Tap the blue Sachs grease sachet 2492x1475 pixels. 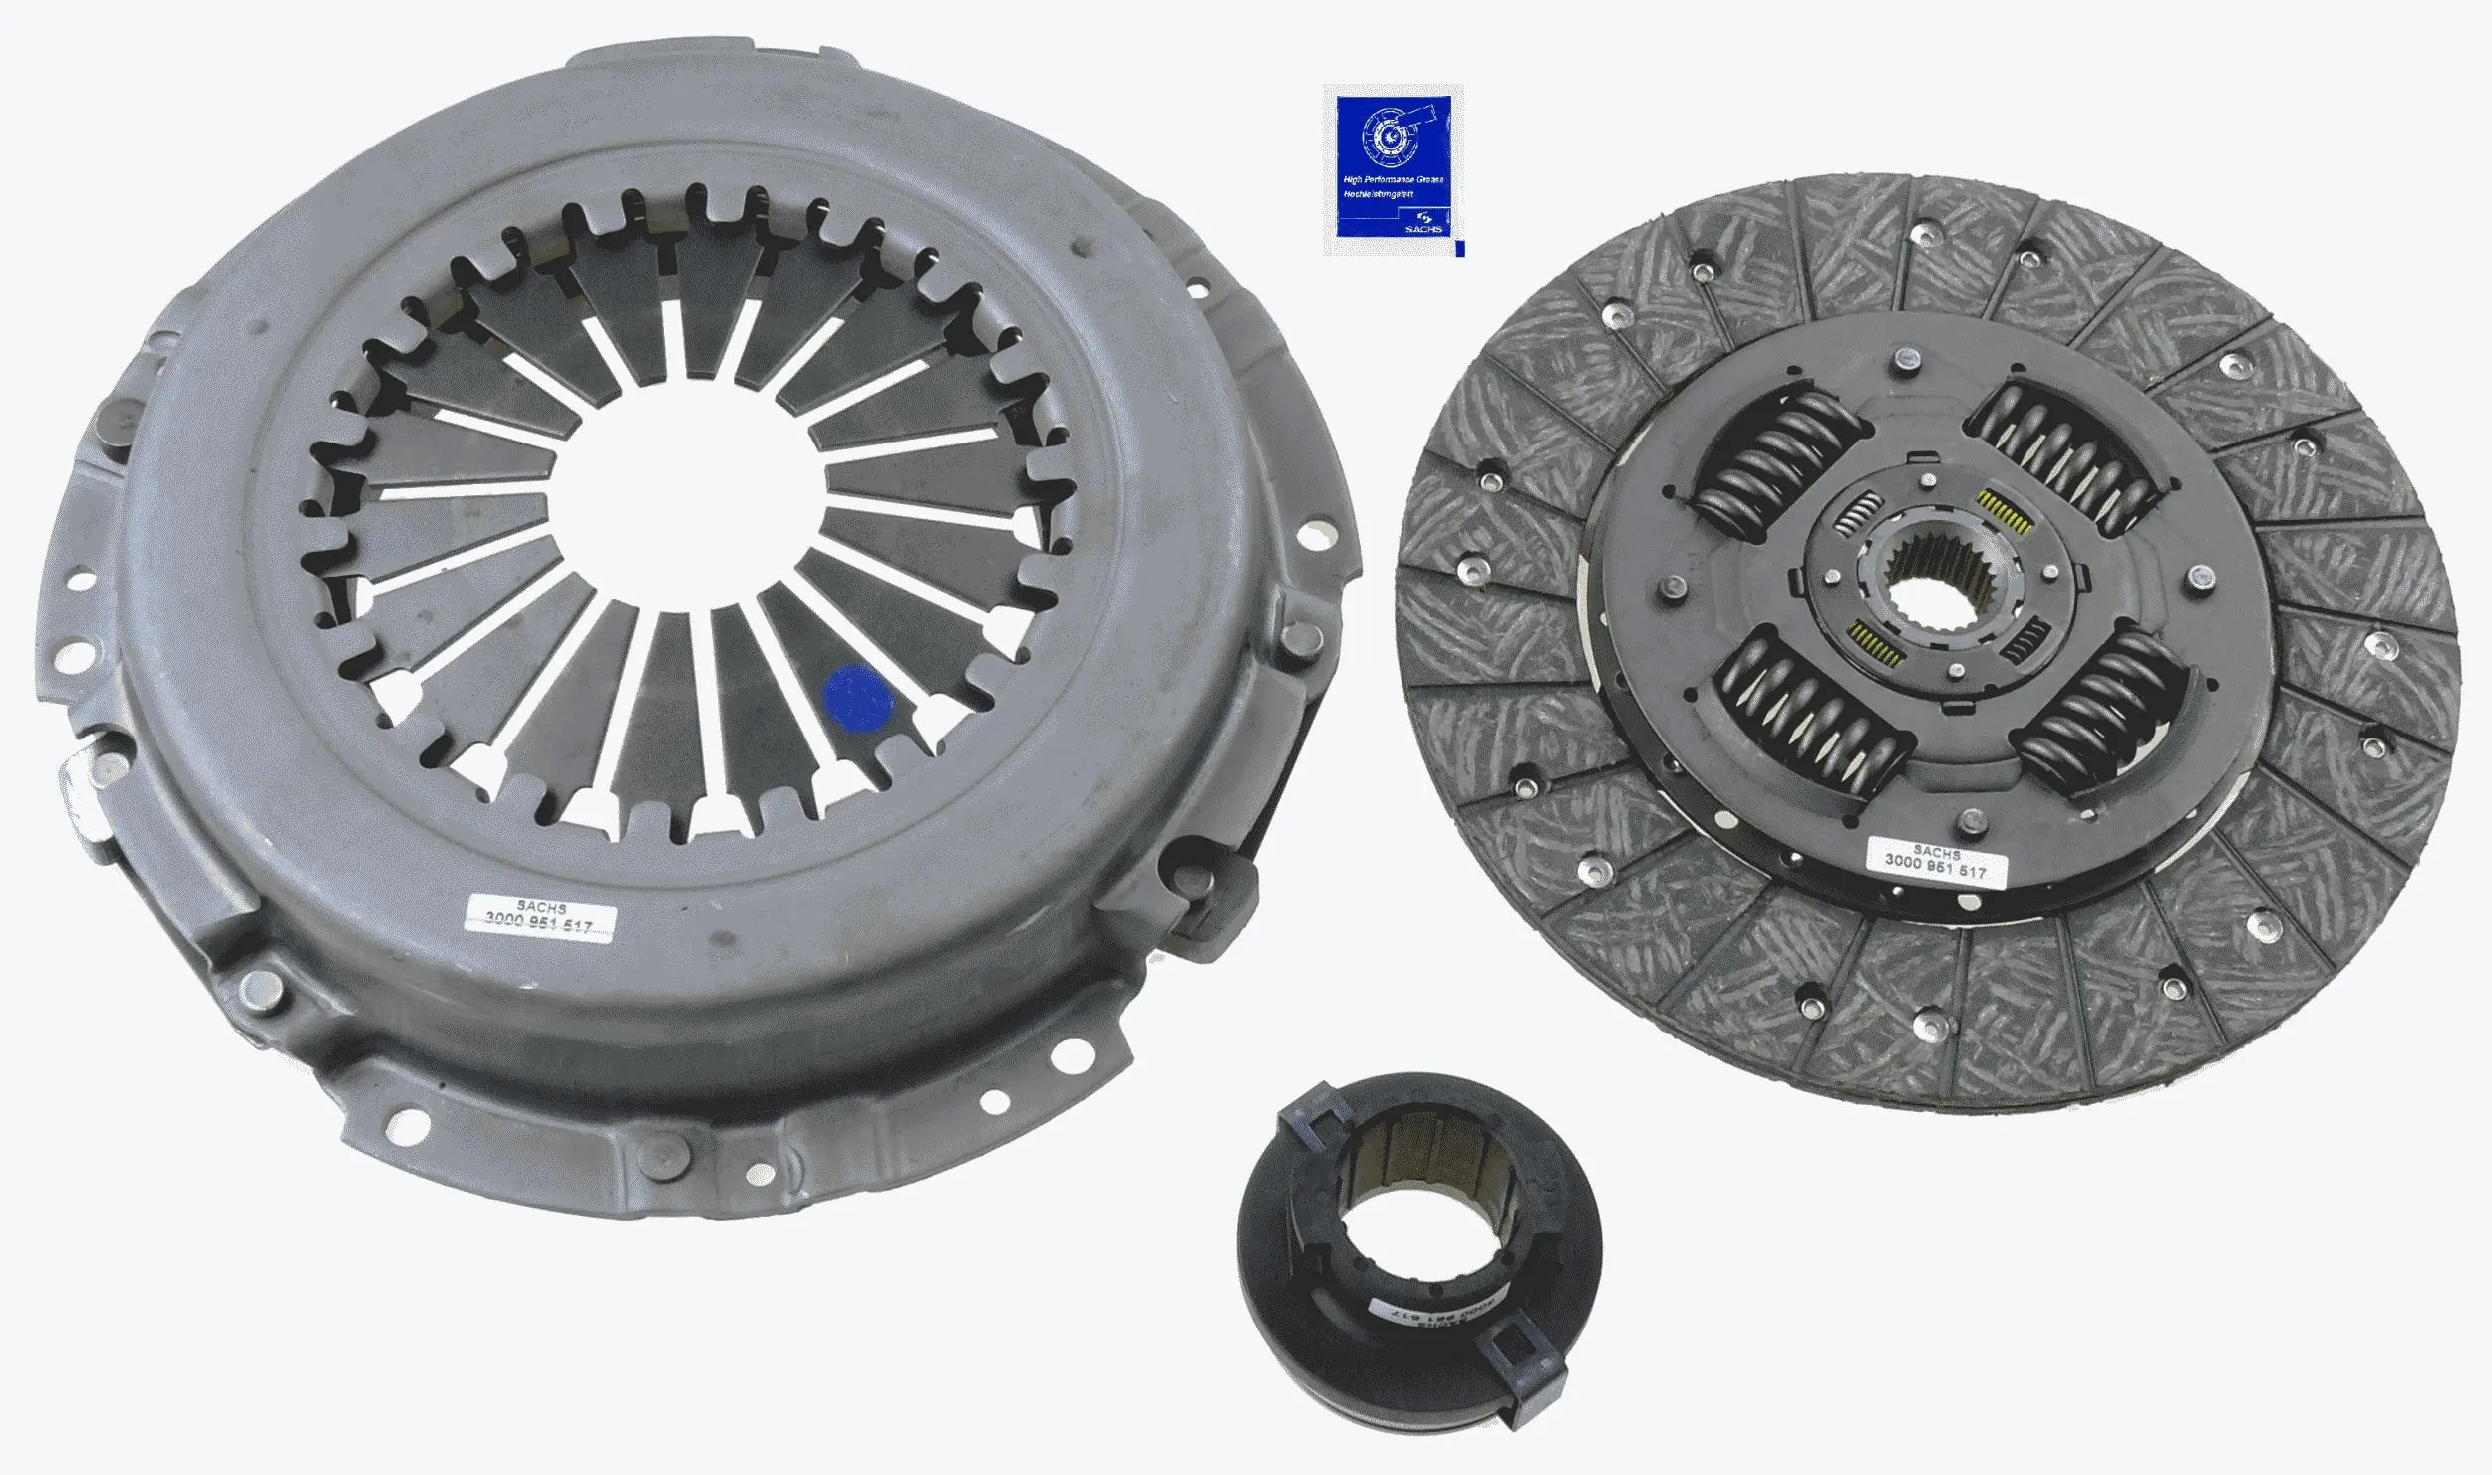coord(1393,170)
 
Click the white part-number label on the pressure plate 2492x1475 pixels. coord(539,917)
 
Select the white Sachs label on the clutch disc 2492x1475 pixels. coord(1935,863)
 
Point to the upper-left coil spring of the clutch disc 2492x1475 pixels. coord(1777,459)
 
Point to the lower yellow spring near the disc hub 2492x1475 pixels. coord(1874,643)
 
